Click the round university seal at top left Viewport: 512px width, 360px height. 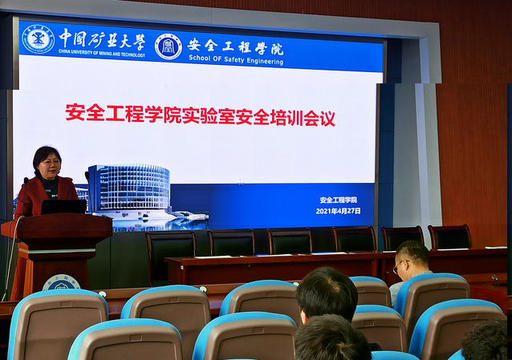[x=39, y=39]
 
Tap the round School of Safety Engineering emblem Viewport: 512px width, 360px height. [x=169, y=47]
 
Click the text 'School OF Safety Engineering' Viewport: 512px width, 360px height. [x=236, y=59]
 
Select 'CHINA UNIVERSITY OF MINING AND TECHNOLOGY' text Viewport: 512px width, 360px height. [x=102, y=53]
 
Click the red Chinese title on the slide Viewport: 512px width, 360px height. [x=200, y=115]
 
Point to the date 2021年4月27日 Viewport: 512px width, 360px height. [x=339, y=211]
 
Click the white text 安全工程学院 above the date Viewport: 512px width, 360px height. [x=339, y=200]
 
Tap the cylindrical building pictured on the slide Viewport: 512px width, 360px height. [x=129, y=188]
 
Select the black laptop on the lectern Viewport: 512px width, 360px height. [x=63, y=207]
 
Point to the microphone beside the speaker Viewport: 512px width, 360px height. [x=25, y=195]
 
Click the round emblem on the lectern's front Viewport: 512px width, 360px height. [x=61, y=283]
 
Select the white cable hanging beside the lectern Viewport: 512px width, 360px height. [x=10, y=258]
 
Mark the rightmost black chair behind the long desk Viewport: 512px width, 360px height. [x=449, y=237]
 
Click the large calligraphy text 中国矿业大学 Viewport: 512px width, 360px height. [x=102, y=38]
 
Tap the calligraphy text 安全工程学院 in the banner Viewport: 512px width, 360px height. [x=235, y=47]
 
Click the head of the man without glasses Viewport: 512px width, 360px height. [x=327, y=293]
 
